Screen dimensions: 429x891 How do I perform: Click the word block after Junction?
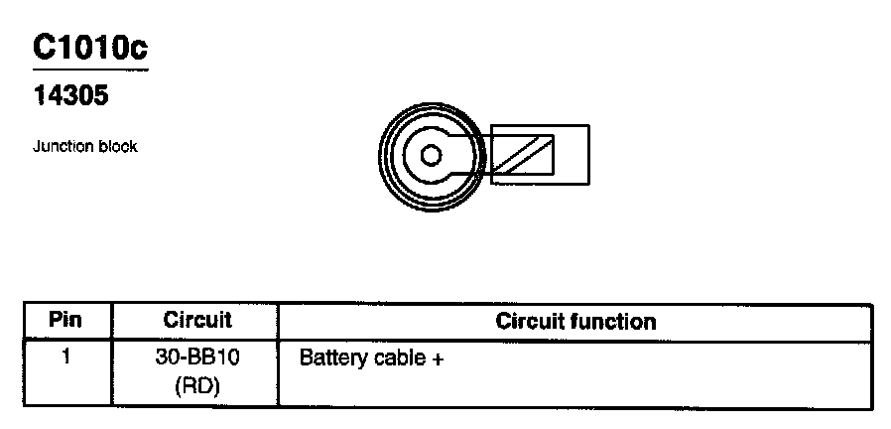point(118,146)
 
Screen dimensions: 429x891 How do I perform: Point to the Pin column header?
point(65,321)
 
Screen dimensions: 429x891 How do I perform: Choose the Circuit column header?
point(196,321)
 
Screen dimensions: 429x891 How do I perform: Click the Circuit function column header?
point(575,321)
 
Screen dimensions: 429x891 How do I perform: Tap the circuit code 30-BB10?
point(196,357)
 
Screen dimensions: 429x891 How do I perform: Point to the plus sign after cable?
point(436,358)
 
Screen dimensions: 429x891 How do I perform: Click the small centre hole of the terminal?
point(430,155)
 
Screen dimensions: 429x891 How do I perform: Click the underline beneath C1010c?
point(90,71)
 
